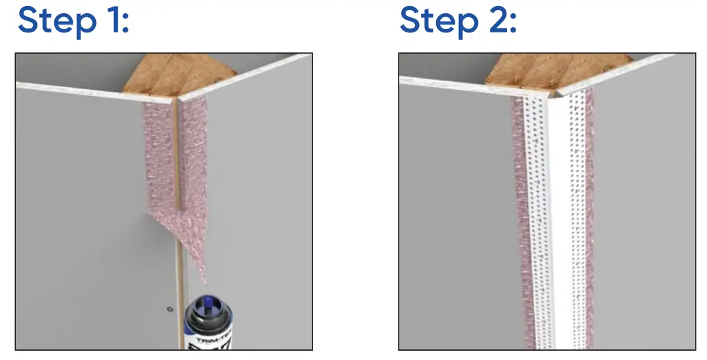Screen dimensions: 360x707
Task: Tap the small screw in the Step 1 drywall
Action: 169,308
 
